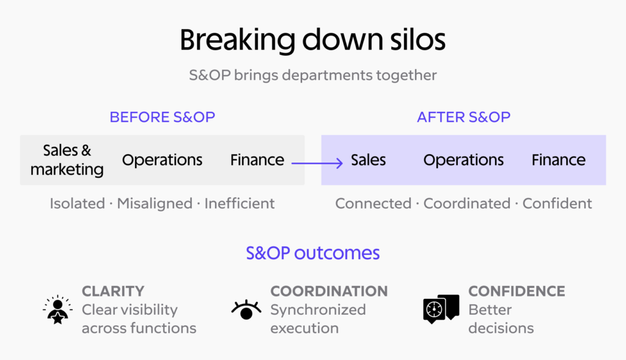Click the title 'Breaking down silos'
[312, 40]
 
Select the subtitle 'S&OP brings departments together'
[312, 75]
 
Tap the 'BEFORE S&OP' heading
[162, 117]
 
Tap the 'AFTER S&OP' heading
[463, 117]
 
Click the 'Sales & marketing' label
[67, 160]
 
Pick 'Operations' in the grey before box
[162, 160]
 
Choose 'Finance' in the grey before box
[257, 160]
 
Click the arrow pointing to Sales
[317, 163]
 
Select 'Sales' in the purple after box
[368, 160]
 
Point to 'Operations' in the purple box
[463, 160]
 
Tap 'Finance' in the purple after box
[559, 160]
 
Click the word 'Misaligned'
[155, 204]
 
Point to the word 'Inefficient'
[240, 204]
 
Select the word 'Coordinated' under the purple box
[466, 204]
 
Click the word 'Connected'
[374, 204]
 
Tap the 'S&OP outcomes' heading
[312, 253]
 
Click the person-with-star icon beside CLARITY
[58, 310]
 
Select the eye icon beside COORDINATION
[246, 310]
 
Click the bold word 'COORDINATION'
[329, 292]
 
